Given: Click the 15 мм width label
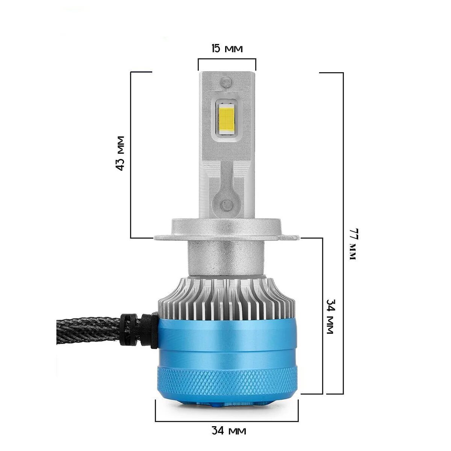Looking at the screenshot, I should pos(227,48).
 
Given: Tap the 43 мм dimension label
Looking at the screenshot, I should pos(120,153).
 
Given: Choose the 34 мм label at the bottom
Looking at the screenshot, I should pos(229,430).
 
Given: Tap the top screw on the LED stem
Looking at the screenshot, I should pos(227,81).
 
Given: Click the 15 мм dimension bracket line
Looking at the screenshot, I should pos(227,59).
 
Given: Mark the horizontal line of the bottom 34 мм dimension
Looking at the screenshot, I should pos(227,421).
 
